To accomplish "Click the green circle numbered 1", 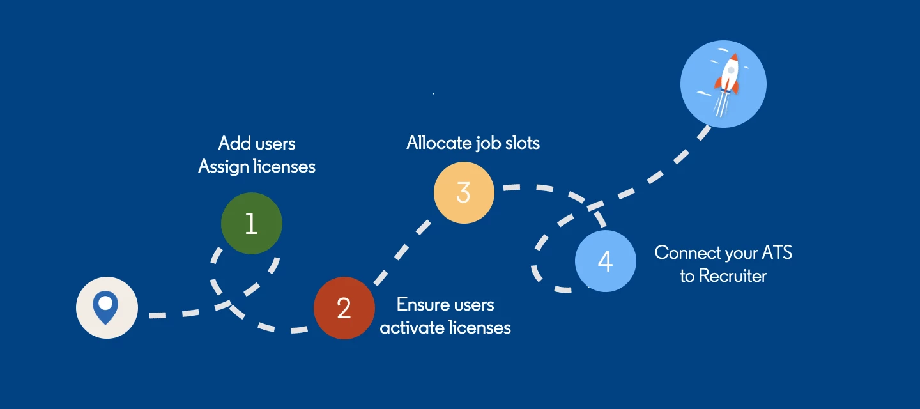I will tap(251, 224).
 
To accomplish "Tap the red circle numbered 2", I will tap(344, 308).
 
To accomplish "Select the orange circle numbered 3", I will tap(464, 193).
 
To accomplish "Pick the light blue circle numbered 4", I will tap(605, 261).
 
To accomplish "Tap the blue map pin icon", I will tap(105, 307).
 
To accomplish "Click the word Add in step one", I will tap(234, 143).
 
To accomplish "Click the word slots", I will tap(521, 143).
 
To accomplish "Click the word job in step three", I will tap(489, 144).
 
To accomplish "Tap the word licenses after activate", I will tap(480, 328).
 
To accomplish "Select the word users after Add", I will tap(275, 143).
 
